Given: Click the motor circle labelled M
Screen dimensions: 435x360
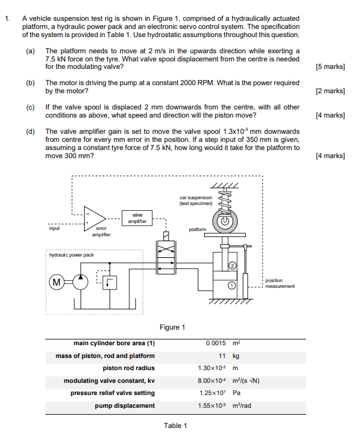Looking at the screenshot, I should coord(57,282).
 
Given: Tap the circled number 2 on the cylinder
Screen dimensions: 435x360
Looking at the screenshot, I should coord(232,266).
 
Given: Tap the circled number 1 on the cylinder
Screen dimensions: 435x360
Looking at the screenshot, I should coord(231,285).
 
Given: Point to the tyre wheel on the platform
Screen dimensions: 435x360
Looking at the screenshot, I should coord(223,221).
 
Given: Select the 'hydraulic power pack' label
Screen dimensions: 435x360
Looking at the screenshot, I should coord(71,255).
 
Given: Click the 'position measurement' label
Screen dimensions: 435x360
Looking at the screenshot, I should coord(280,283).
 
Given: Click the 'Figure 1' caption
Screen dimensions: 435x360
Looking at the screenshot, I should coord(172,327).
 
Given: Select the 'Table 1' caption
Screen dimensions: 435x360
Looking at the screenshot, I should coord(175,426).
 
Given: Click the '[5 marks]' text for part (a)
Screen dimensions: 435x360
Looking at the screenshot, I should coord(330,67).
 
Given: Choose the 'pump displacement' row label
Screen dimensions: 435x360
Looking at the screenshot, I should coord(125,405).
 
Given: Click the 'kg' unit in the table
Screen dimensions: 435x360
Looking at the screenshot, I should coord(235,356).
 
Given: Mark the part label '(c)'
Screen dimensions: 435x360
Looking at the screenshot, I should coord(30,107).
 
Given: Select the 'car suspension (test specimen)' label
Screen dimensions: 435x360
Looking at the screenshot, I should coord(196,200).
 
